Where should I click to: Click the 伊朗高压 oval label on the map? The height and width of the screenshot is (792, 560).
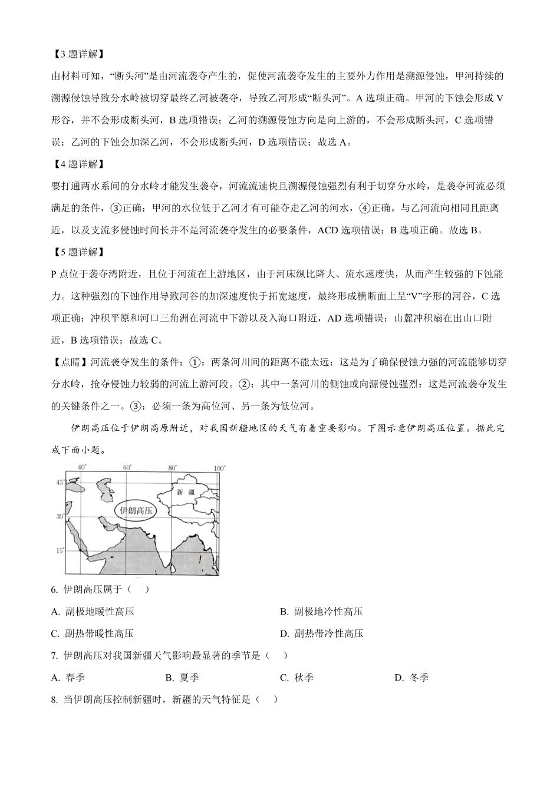pos(136,510)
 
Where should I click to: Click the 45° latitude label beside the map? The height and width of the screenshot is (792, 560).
pos(60,482)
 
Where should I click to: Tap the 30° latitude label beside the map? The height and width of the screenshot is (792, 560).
pos(60,516)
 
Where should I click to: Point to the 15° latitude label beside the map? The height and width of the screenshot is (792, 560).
pos(60,550)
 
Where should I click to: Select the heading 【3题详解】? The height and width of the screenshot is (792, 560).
pos(78,54)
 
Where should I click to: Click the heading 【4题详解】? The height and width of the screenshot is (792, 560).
pos(78,164)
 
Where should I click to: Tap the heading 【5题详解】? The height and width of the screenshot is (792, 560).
pos(78,252)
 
